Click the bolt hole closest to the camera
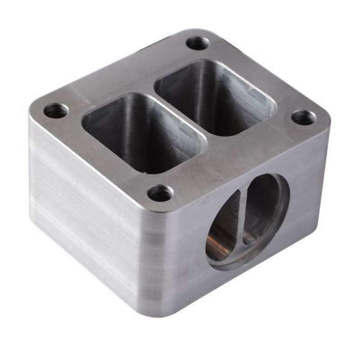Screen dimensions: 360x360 click(x=160, y=193)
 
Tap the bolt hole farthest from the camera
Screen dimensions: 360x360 click(x=198, y=43)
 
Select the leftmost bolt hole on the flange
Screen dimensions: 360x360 click(x=56, y=110)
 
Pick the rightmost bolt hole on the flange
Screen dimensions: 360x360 click(x=304, y=118)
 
